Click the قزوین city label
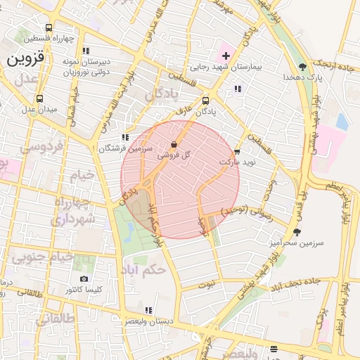[x=25, y=60]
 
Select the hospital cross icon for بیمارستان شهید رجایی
[x=226, y=56]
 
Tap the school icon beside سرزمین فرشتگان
[x=124, y=138]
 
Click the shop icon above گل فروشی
[x=174, y=144]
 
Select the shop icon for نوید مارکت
[x=237, y=151]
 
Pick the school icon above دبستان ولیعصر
[x=147, y=310]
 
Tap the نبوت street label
[x=206, y=285]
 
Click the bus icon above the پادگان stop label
[x=205, y=101]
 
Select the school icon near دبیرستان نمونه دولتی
[x=86, y=51]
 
